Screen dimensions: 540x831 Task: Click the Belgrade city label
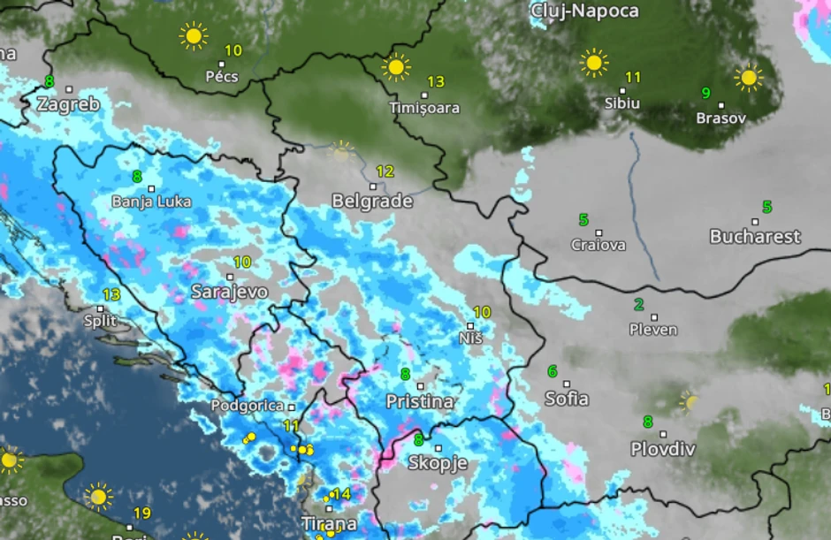[x=371, y=202]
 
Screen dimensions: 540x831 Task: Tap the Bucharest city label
[x=755, y=237]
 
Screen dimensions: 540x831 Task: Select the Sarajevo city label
[x=229, y=292]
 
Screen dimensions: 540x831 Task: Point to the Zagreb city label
[x=68, y=104]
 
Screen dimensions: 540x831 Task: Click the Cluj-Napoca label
[x=584, y=11]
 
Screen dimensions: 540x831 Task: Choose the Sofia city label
[x=567, y=399]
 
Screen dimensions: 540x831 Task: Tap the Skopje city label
[x=437, y=463]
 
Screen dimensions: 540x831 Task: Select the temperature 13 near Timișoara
[x=436, y=82]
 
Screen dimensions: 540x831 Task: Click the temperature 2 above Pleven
[x=638, y=305]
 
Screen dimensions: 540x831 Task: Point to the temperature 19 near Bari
[x=141, y=513]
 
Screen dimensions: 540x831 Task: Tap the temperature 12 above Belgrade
[x=385, y=171]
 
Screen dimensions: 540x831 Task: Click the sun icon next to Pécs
[x=193, y=36]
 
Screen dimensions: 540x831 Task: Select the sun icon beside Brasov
[x=748, y=78]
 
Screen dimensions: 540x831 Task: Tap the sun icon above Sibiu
[x=594, y=63]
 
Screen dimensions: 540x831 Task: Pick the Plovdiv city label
[x=662, y=449]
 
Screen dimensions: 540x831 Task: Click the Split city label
[x=100, y=321]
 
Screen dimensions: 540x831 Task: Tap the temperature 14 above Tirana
[x=341, y=494]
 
